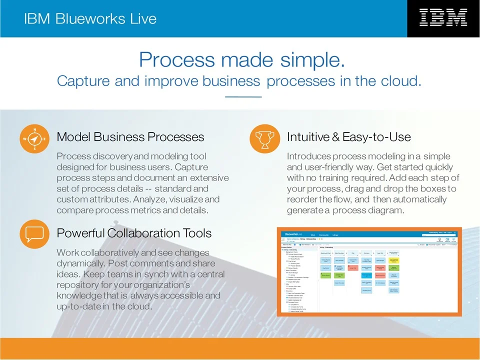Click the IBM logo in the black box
[x=443, y=18]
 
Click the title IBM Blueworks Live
[x=90, y=19]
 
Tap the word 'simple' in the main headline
[x=312, y=59]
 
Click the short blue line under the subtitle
[x=243, y=96]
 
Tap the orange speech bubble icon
[x=34, y=233]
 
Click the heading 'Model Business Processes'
[x=130, y=137]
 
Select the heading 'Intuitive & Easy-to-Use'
[x=348, y=137]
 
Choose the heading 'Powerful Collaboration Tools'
[x=134, y=233]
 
